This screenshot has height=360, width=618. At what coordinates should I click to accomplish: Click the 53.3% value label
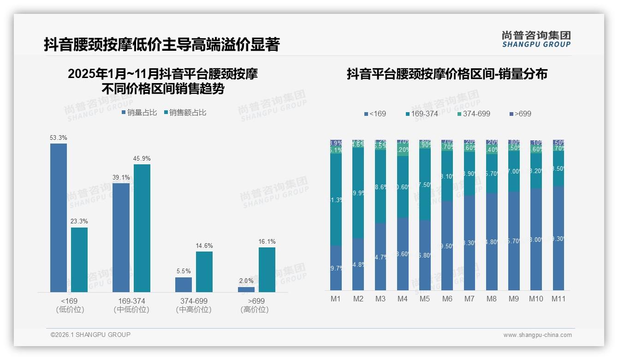click(59, 138)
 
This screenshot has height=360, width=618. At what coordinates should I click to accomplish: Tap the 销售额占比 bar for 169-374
click(142, 228)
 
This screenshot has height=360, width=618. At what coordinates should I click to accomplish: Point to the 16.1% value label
click(267, 241)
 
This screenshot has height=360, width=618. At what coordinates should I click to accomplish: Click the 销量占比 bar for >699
click(246, 289)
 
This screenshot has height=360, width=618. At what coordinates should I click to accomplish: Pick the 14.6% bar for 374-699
click(204, 271)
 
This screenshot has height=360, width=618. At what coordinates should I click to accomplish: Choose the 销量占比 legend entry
click(140, 112)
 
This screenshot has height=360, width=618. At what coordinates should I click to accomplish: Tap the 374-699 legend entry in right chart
click(473, 114)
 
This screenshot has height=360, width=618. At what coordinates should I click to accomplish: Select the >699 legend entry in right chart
click(521, 114)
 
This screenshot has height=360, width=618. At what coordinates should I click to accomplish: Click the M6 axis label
click(447, 299)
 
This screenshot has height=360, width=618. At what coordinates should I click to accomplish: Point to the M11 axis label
click(559, 299)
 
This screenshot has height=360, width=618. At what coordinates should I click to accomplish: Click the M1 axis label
click(336, 299)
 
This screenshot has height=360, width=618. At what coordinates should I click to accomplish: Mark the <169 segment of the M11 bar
click(559, 238)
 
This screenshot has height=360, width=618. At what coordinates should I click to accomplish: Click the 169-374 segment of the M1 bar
click(336, 199)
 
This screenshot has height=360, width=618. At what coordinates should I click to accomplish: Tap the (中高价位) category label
click(194, 310)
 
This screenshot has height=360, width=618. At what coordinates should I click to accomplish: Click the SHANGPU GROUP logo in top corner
click(536, 39)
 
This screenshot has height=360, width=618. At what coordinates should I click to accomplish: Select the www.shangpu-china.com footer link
click(537, 335)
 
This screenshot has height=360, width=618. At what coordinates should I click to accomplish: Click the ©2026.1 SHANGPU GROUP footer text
click(90, 335)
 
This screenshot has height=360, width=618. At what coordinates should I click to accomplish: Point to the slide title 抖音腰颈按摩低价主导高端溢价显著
click(161, 45)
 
